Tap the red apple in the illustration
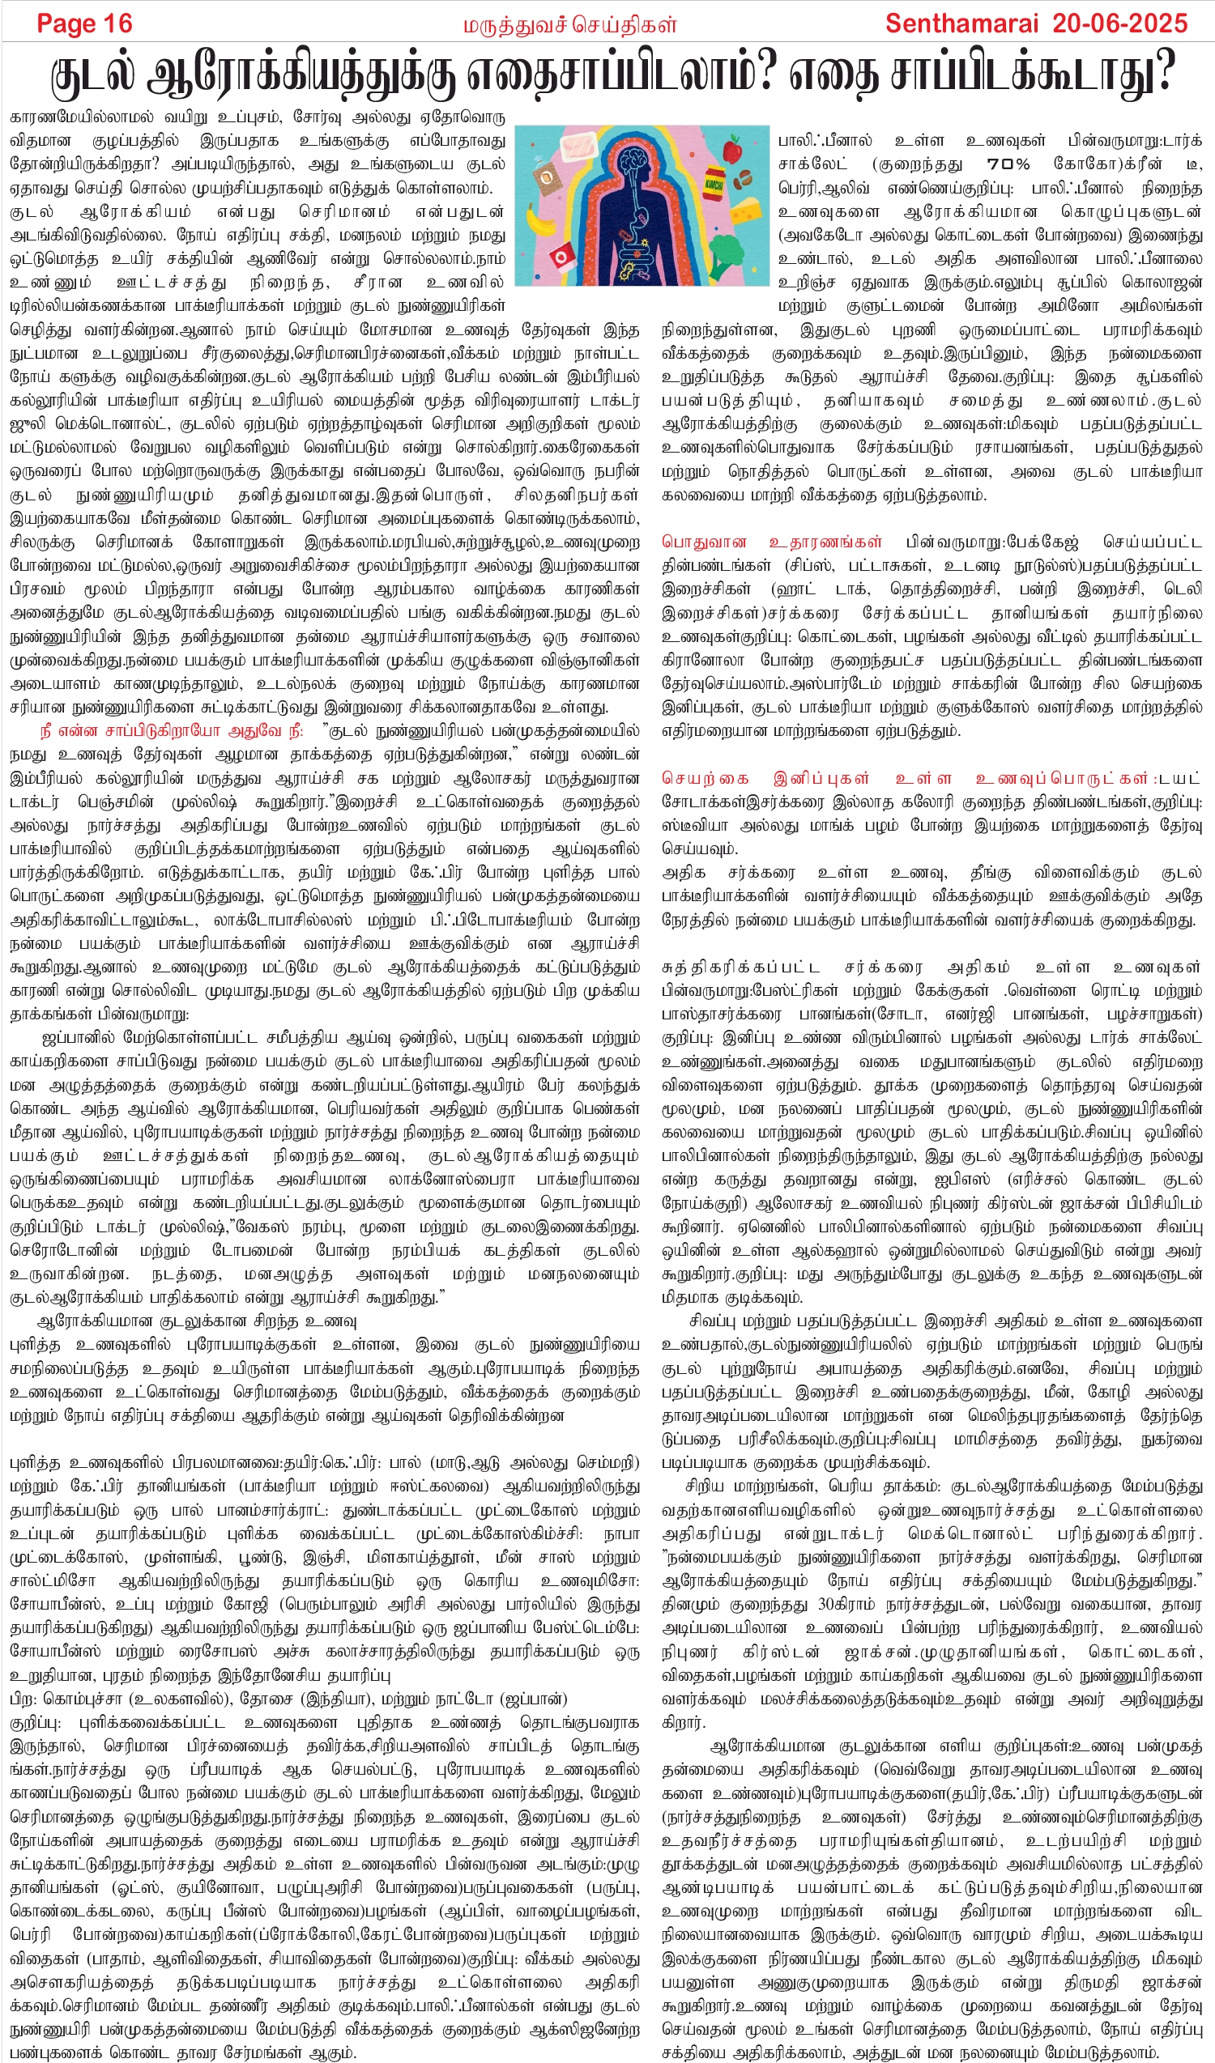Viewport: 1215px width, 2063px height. [x=734, y=151]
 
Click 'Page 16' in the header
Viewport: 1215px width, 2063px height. [x=84, y=23]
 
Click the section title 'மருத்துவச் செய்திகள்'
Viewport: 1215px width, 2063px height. [x=570, y=25]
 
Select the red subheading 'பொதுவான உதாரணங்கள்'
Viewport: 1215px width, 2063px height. [x=772, y=542]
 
